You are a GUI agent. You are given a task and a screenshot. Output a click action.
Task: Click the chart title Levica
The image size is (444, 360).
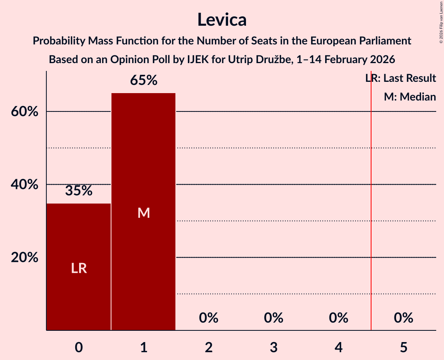point(222,19)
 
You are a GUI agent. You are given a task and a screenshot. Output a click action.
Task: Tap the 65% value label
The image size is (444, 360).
point(143,81)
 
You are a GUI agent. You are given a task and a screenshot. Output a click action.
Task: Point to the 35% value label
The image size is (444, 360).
point(79,191)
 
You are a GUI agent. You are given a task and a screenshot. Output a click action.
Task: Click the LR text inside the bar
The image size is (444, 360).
point(79,268)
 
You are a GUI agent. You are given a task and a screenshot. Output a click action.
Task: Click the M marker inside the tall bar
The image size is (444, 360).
point(143,213)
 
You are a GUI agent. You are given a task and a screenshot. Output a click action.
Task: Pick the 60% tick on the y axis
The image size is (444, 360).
point(25,112)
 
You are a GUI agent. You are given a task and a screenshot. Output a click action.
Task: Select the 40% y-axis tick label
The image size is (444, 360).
point(25,185)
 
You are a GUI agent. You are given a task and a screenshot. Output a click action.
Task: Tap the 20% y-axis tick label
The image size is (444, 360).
point(25,258)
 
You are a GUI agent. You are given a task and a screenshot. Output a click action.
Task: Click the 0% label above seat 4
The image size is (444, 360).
point(338,318)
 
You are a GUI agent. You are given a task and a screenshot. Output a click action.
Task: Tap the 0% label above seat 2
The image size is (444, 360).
point(209,318)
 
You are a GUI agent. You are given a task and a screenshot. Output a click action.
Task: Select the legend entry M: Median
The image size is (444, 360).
point(410,97)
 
